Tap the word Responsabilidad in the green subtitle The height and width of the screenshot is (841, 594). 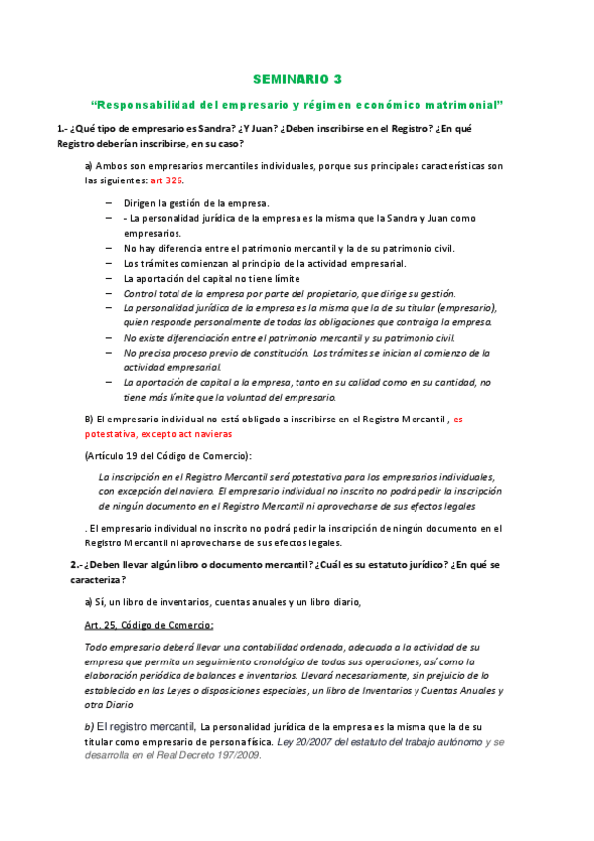[x=140, y=104]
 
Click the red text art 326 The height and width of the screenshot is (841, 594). [x=167, y=181]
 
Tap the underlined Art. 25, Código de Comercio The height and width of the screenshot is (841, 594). [x=149, y=624]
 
